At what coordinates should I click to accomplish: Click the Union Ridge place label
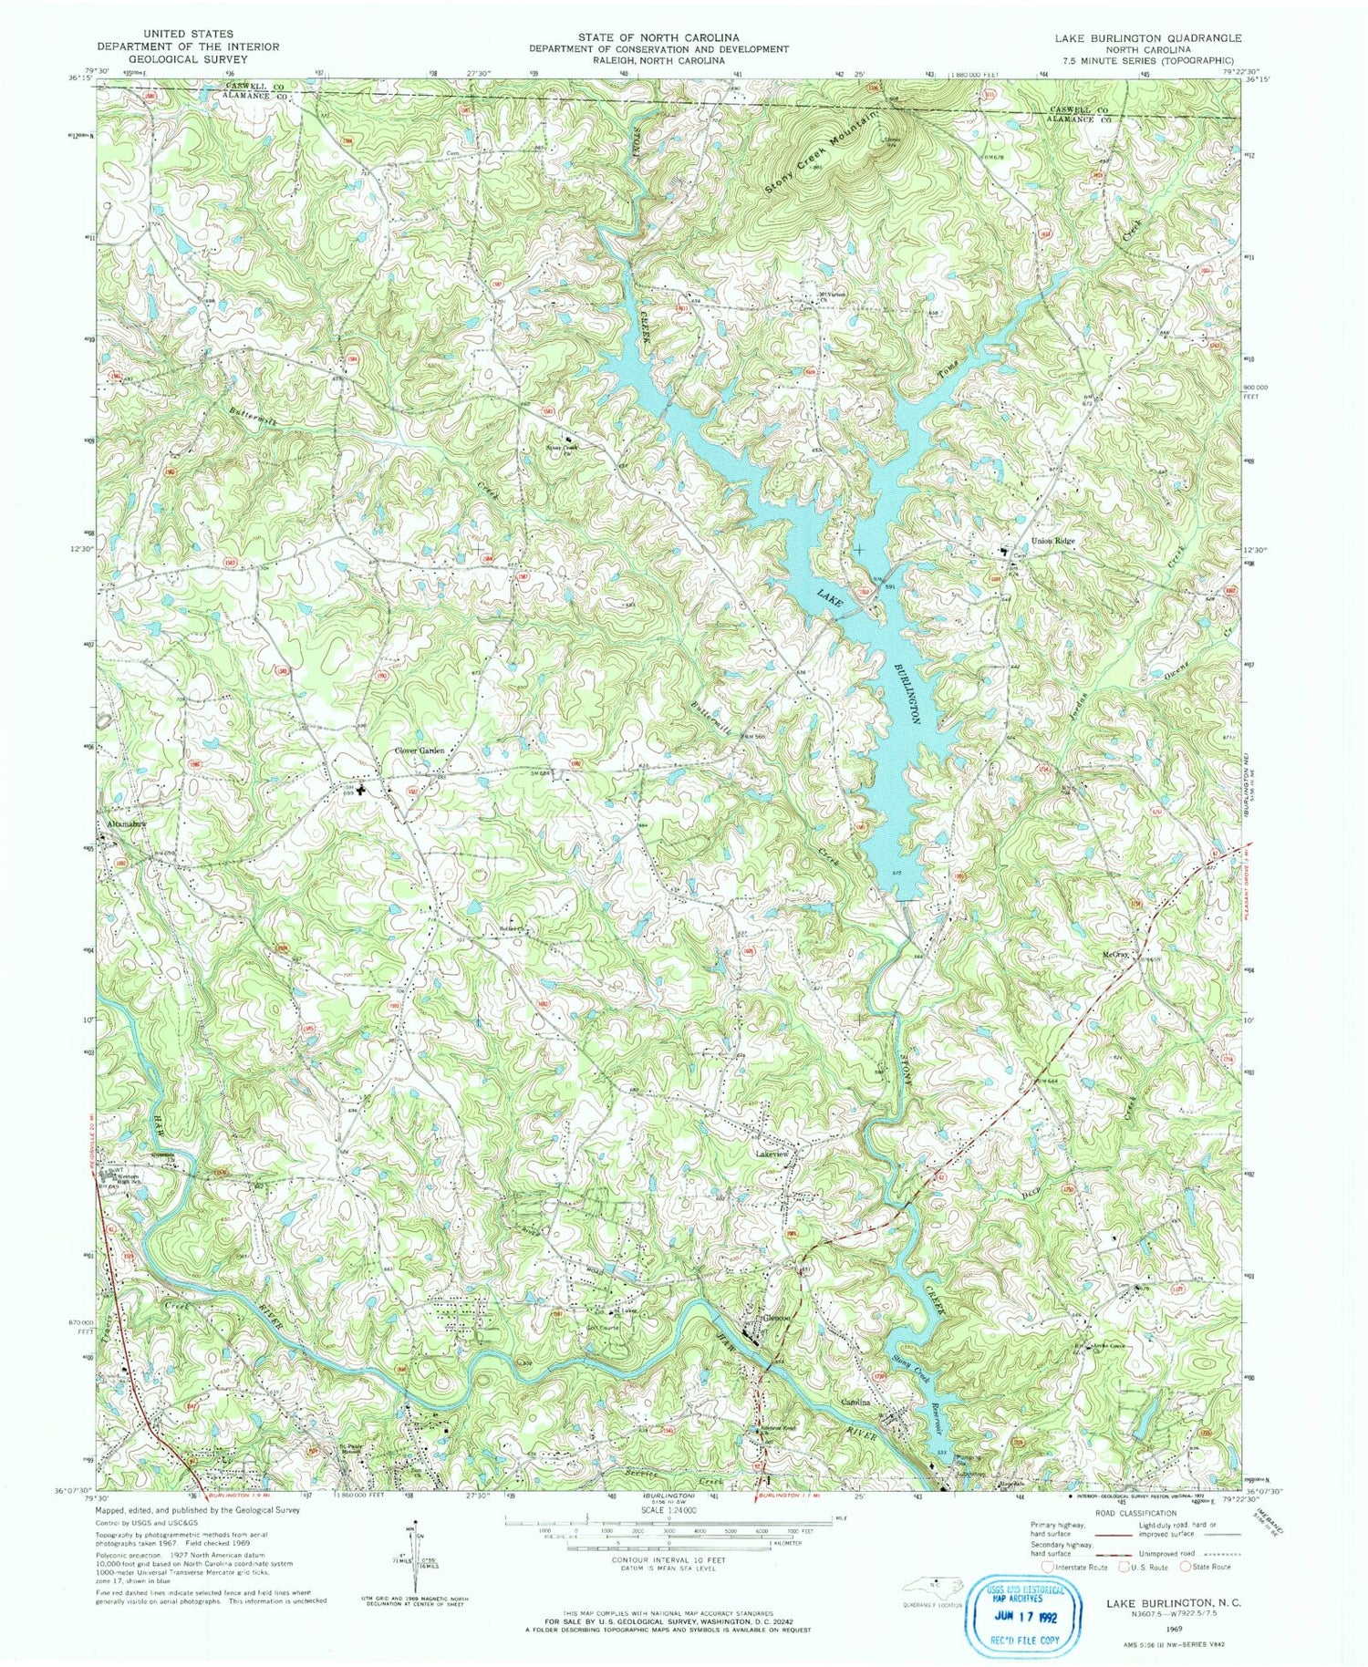1053,541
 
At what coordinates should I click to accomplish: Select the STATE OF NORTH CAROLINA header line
660,37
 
